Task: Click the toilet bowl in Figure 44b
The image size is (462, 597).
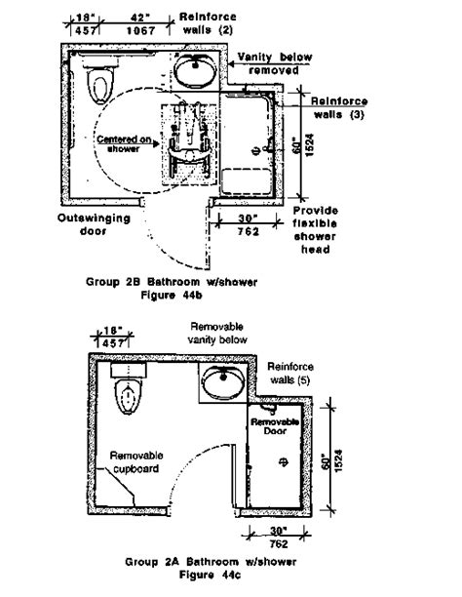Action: tap(100, 85)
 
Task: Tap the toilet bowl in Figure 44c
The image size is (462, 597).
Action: tap(129, 396)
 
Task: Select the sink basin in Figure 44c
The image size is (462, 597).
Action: tap(223, 381)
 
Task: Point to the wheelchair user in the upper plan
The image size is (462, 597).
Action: tap(189, 142)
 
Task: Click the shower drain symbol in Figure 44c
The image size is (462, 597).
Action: tap(284, 461)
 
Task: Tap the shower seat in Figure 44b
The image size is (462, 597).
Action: tap(247, 181)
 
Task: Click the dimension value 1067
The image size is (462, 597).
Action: tap(140, 30)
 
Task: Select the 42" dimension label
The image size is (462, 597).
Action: tap(139, 18)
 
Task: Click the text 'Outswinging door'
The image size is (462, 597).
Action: tap(94, 224)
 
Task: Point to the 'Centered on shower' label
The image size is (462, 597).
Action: tap(124, 144)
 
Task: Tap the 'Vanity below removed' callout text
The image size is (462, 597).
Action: tap(275, 63)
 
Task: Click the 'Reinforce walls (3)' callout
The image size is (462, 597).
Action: tap(338, 107)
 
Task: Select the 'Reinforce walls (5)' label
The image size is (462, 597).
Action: tap(290, 373)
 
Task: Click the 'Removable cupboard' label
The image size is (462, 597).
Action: tap(136, 461)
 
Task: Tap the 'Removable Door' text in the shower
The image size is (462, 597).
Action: tap(275, 426)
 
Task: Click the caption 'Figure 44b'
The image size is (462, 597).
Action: tap(172, 295)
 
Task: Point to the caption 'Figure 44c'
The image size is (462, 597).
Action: tap(210, 575)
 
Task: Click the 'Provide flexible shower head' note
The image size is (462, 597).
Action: tap(315, 230)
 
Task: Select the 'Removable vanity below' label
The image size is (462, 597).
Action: tap(217, 334)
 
